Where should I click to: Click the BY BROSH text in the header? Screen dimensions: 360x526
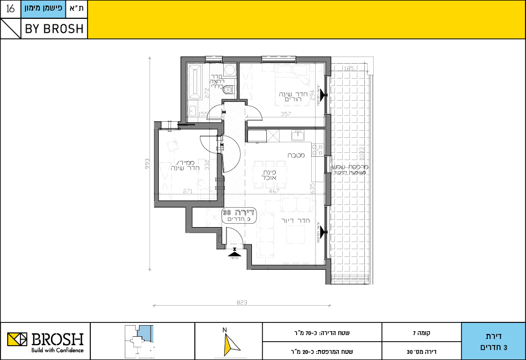[54, 29]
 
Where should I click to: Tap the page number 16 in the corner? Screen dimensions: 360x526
[11, 9]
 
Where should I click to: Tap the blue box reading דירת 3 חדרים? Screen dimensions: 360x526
[493, 341]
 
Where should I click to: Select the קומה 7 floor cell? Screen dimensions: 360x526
[421, 333]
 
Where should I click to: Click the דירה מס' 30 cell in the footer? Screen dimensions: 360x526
[421, 351]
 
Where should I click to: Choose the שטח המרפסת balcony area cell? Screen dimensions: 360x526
[322, 351]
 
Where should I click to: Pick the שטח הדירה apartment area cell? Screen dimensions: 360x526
[322, 333]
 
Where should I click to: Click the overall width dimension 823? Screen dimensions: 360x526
[241, 302]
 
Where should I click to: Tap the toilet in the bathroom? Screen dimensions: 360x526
[231, 89]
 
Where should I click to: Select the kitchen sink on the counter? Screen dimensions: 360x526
[298, 135]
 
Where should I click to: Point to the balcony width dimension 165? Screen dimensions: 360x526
[348, 69]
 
